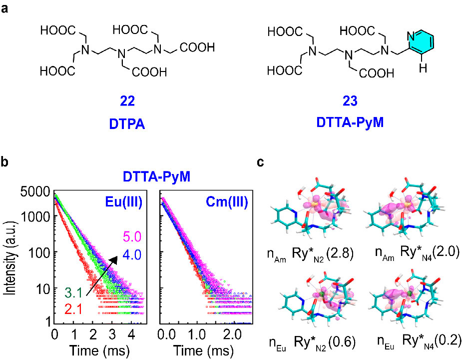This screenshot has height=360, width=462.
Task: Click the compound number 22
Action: (x=127, y=102)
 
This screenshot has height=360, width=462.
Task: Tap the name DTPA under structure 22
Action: (x=127, y=121)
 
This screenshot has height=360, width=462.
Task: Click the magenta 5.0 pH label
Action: (x=128, y=235)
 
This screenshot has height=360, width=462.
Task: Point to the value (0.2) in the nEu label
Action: (x=448, y=341)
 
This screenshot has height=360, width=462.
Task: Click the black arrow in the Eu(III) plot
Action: (x=103, y=275)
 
